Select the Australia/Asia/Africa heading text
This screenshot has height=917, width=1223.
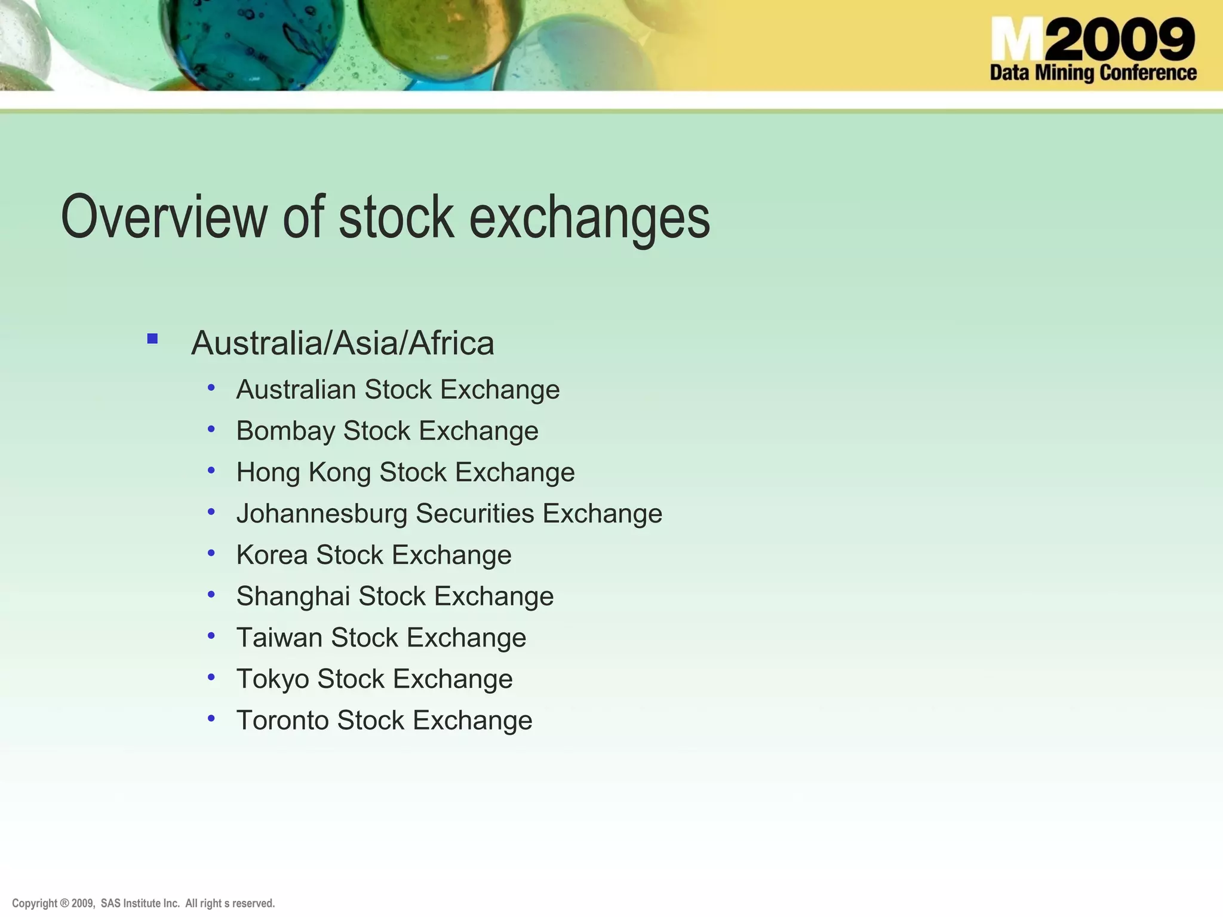point(342,343)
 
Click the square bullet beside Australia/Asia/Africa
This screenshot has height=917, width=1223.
point(152,339)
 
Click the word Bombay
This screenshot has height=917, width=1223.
point(285,431)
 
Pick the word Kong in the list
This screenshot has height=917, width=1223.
point(339,473)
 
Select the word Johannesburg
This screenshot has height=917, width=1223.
point(321,514)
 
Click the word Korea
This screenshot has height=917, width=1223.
point(272,555)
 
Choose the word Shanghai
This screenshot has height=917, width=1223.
point(293,596)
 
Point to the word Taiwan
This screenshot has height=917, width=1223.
point(279,638)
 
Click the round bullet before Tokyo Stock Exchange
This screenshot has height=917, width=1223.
point(211,677)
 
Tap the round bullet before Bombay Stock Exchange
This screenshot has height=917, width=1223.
point(211,429)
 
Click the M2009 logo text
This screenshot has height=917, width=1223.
point(1093,39)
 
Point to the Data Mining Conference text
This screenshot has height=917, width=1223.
point(1093,73)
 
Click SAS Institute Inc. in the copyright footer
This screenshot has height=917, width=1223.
point(140,903)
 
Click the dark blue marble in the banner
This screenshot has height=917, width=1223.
point(254,42)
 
